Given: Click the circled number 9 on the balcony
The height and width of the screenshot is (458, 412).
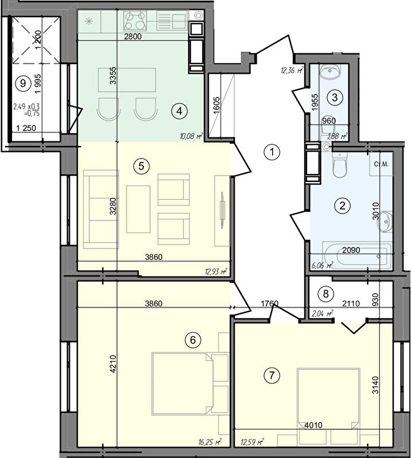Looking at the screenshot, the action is tap(22, 84).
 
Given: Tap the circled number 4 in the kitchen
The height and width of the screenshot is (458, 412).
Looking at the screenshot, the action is tap(179, 111).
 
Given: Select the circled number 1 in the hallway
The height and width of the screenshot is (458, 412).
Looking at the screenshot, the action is tap(272, 152).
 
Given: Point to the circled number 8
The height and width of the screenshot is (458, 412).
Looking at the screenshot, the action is tap(325, 293).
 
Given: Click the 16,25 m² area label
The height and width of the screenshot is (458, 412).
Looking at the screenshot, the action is tap(210, 441).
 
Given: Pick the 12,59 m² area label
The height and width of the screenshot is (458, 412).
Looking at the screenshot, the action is tap(252, 441).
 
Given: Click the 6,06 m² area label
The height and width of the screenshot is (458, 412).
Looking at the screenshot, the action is tap(322, 265).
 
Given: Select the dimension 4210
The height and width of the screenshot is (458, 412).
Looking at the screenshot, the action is tap(113, 364).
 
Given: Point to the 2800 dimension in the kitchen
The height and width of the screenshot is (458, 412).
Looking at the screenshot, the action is tap(132, 37).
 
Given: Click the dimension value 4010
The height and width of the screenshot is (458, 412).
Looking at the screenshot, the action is tap(313, 425).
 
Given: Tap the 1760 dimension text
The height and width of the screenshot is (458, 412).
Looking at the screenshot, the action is tap(269, 304).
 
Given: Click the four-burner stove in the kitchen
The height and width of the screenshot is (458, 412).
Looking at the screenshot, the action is tap(135, 21).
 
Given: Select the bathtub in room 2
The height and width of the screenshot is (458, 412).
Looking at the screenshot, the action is tap(356, 255).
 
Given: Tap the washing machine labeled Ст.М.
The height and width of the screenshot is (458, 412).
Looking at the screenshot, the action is tap(380, 164).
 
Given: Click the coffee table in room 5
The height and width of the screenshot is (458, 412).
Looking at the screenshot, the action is tap(138, 209).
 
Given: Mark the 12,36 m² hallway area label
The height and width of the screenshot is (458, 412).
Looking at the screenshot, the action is tap(292, 70).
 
